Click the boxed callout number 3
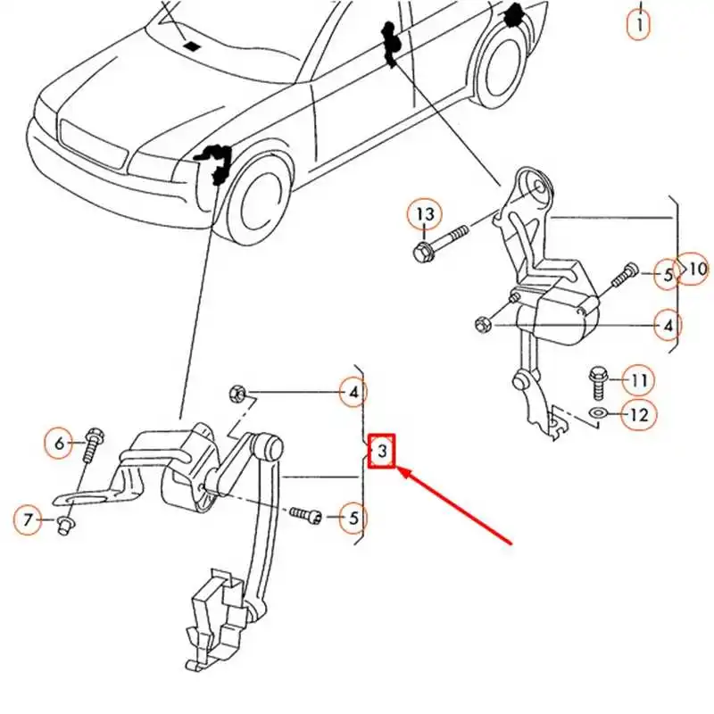[x=381, y=452]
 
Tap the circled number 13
[x=426, y=214]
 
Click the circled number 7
[x=28, y=518]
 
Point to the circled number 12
[x=638, y=414]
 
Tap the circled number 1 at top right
[x=639, y=24]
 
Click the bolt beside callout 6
[x=92, y=444]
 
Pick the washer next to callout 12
[x=599, y=413]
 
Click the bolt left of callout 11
[x=599, y=383]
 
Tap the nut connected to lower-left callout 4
[x=237, y=392]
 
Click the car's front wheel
[x=259, y=201]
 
